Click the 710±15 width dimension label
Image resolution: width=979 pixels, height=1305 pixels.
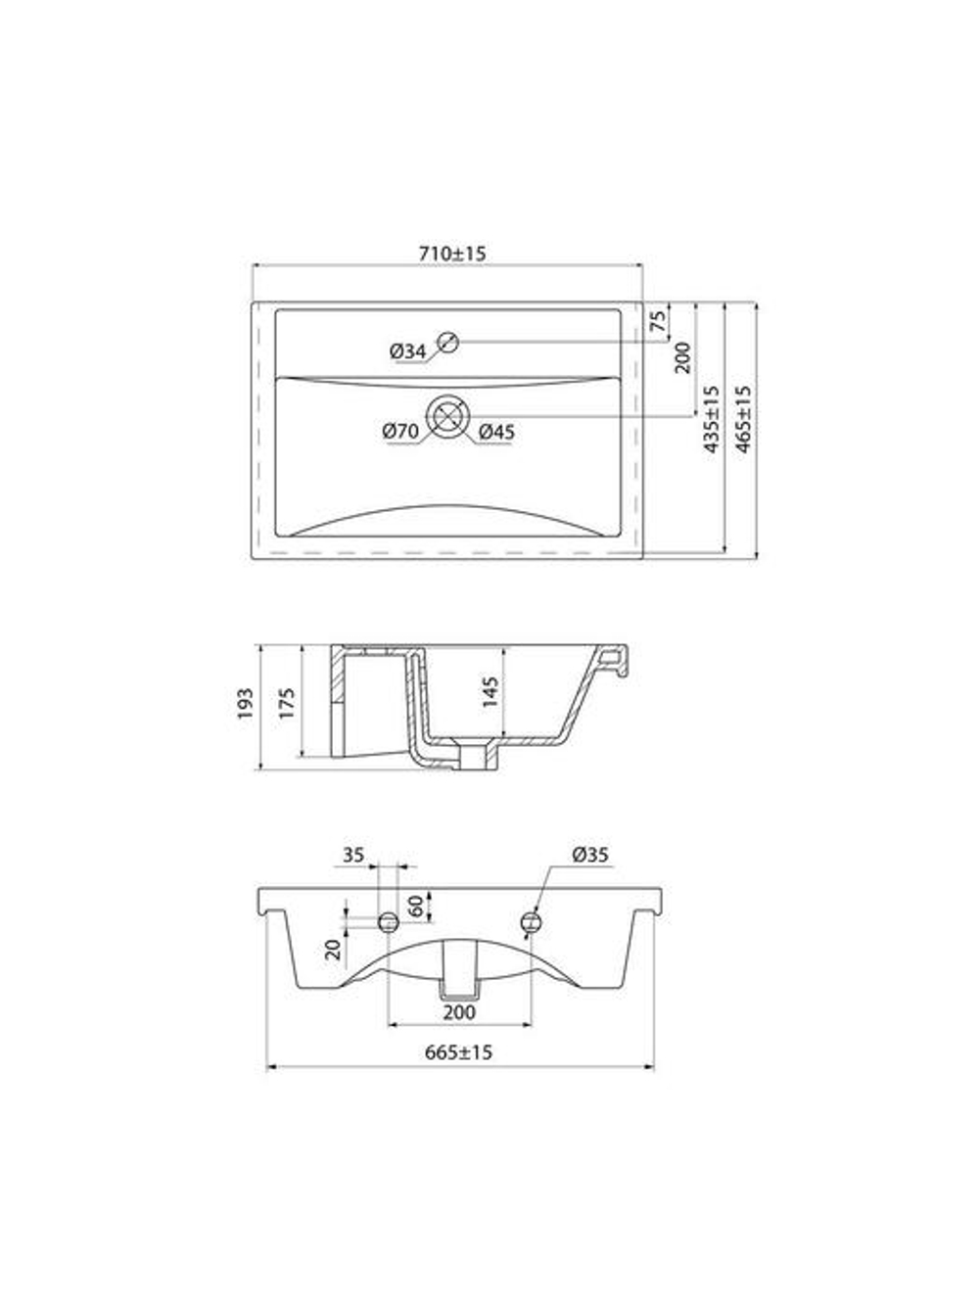point(452,254)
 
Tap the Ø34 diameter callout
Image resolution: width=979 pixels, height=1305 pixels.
point(406,351)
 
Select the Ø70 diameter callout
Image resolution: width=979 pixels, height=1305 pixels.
point(400,431)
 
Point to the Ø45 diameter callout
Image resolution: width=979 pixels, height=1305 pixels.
point(496,431)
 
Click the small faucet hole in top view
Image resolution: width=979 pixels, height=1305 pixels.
point(449,342)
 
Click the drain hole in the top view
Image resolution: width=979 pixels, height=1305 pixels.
point(448,416)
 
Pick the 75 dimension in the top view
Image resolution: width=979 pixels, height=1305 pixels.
point(659,320)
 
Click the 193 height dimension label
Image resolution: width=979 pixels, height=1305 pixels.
point(246,704)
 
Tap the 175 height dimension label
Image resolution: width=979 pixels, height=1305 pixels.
point(286,702)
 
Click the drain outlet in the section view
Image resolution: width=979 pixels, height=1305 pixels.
point(478,757)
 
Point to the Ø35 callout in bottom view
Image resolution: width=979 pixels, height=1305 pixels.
point(590,855)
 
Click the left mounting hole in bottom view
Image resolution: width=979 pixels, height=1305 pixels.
point(389,920)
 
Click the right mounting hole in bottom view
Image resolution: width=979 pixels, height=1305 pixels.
point(532,920)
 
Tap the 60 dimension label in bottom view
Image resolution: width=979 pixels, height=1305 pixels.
point(416,906)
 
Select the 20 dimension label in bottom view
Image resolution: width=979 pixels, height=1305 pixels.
point(334,948)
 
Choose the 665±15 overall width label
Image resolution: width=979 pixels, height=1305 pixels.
point(459,1052)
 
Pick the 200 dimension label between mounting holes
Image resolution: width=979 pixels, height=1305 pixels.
point(459,1011)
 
